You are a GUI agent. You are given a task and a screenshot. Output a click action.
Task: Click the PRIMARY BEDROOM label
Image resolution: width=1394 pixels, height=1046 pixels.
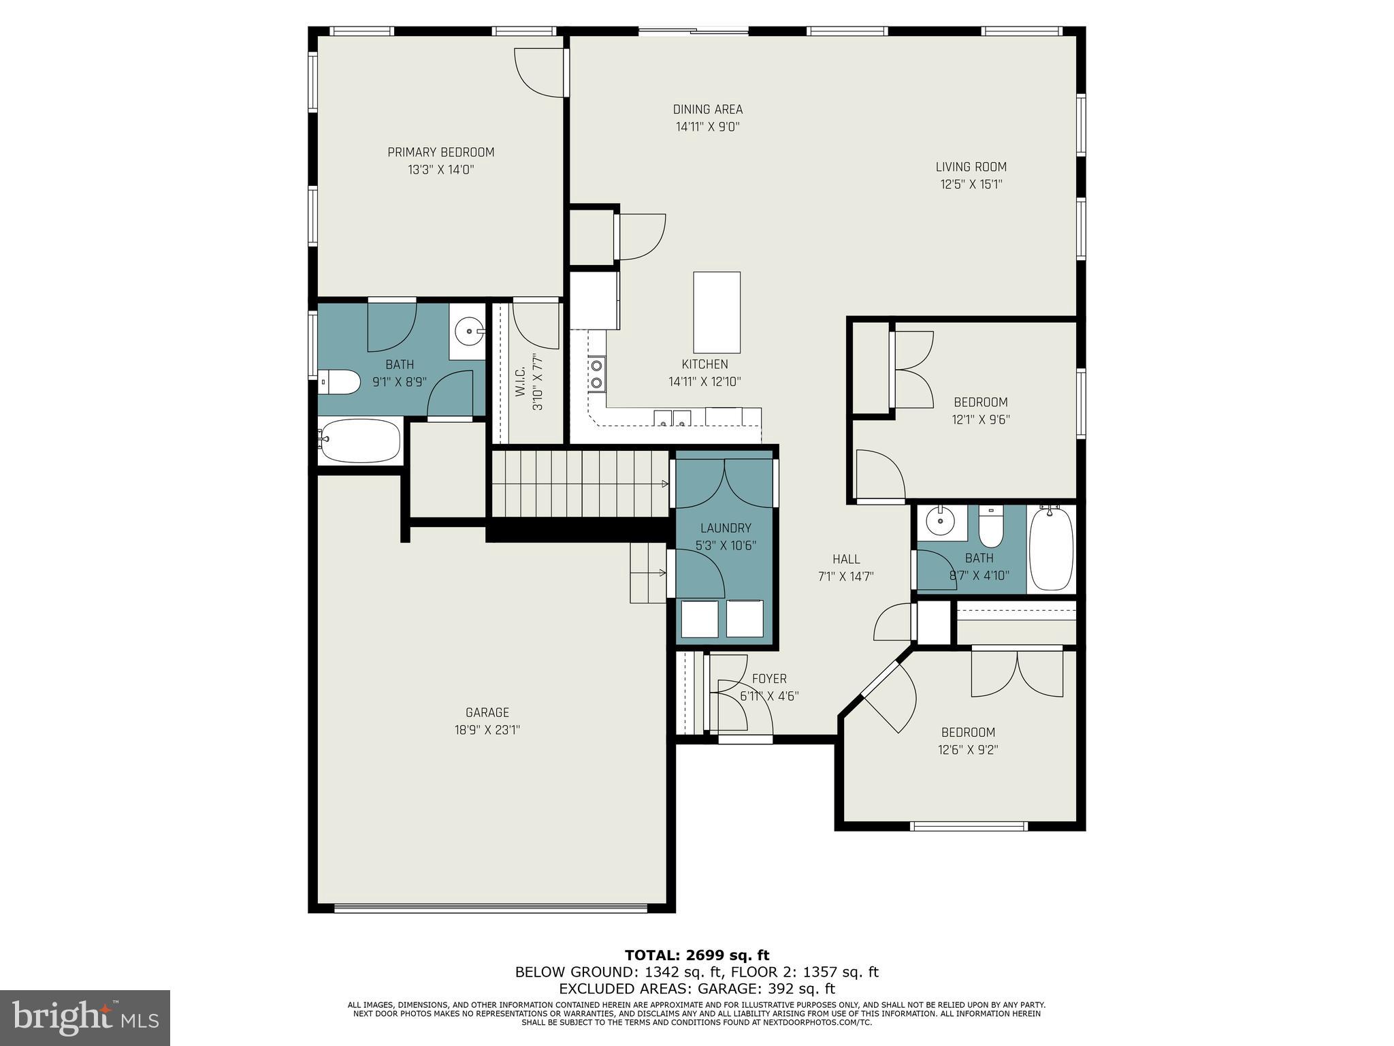pos(440,153)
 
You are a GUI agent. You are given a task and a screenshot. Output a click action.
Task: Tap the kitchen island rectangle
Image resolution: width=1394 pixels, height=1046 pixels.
pos(717,312)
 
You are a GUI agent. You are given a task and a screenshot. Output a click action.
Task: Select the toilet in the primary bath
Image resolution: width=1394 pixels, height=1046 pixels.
pos(340,382)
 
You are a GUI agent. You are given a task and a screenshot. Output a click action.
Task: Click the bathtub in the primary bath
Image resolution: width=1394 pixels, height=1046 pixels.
pos(360,441)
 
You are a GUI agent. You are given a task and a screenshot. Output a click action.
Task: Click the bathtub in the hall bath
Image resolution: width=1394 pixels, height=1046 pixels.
pos(1051,550)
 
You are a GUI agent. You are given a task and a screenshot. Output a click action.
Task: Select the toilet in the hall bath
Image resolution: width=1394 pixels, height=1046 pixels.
pos(991,527)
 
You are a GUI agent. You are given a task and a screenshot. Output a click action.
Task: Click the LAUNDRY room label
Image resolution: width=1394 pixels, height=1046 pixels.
pos(726,528)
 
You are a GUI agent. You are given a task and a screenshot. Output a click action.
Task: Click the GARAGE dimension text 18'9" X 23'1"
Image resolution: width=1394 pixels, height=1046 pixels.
pos(487,730)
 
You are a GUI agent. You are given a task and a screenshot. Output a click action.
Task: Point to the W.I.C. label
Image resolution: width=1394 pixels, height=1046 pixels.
pos(520,383)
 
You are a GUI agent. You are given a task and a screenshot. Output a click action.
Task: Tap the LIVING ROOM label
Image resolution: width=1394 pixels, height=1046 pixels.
pos(971,167)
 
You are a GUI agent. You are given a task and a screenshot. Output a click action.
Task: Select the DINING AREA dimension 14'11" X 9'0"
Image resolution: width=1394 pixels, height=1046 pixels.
pos(707,127)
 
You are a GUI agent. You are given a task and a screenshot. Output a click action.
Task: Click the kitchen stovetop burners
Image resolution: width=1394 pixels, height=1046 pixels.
pos(597,373)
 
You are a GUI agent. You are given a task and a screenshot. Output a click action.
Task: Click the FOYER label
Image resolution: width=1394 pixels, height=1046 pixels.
pos(769,679)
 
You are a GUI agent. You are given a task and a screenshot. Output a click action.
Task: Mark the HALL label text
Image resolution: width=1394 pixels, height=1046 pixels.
pos(846,559)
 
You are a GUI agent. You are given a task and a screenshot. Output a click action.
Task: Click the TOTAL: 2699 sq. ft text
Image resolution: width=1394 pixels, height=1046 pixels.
pos(696,955)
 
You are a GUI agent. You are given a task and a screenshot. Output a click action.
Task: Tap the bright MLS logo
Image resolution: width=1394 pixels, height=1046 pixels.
pos(85,1017)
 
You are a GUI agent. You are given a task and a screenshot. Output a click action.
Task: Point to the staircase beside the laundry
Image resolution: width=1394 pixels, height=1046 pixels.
pos(581,484)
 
